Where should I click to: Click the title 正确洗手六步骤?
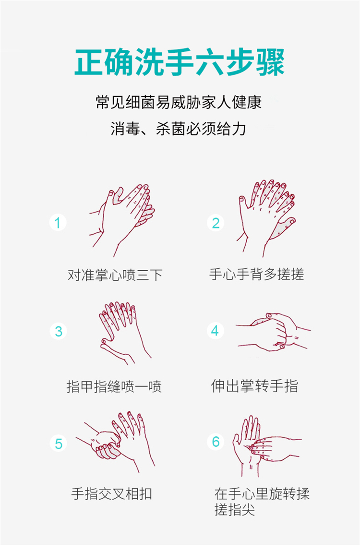(180, 62)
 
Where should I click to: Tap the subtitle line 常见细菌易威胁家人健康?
(179, 102)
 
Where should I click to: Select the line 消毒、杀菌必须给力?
(179, 129)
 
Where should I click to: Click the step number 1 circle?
(58, 223)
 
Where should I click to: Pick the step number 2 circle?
(216, 223)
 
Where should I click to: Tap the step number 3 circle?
(59, 331)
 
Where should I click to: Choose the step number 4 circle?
(216, 331)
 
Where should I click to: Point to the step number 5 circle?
(59, 444)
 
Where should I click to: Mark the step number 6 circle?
(216, 442)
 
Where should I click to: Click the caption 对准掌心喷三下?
(115, 275)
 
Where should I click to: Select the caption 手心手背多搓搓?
(256, 274)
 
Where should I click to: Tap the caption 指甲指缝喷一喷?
(114, 386)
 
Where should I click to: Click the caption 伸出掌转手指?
(254, 386)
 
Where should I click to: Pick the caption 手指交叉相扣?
(111, 493)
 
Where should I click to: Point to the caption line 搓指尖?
(235, 509)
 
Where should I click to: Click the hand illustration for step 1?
(122, 220)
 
